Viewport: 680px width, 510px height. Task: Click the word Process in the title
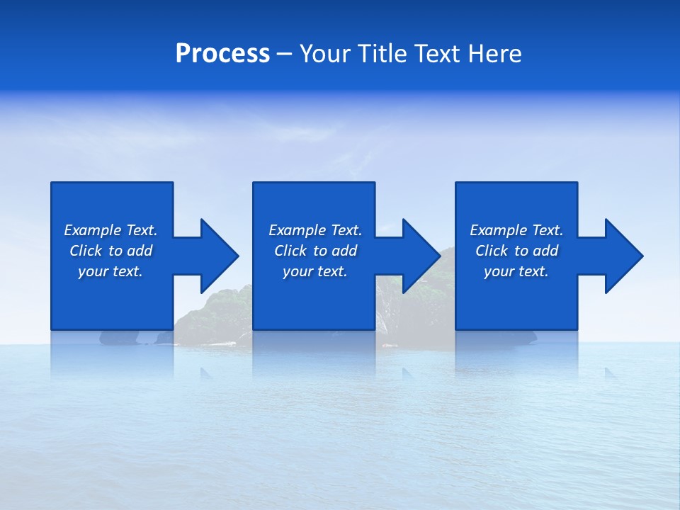pos(222,54)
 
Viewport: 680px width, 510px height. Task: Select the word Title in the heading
pos(381,54)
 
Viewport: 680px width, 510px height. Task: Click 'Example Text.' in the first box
pos(110,230)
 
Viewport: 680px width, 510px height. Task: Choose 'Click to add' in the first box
pos(110,251)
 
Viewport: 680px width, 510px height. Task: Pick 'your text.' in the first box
pos(110,271)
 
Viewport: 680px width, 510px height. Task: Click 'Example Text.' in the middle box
pos(315,230)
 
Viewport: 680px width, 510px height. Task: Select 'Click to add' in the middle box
pos(315,251)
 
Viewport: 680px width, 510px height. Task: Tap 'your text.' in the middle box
pos(315,271)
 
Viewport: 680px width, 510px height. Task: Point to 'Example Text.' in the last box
pos(516,230)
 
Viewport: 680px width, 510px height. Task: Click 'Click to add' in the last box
pos(516,251)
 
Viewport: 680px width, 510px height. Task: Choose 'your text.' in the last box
pos(516,271)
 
